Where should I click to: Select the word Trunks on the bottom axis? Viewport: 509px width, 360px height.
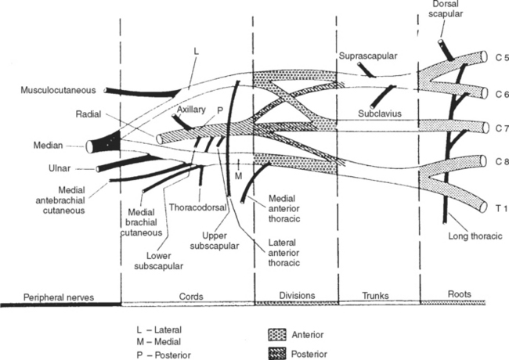(377, 295)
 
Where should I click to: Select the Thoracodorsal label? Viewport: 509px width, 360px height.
(196, 208)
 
